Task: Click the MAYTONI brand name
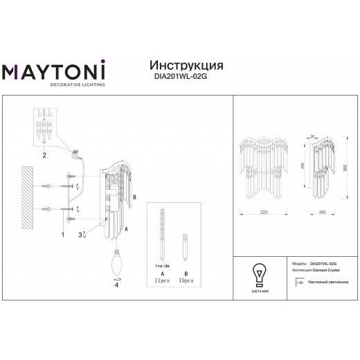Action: tap(54, 72)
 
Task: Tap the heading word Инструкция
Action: tap(186, 64)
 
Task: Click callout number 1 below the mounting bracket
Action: tap(62, 235)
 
